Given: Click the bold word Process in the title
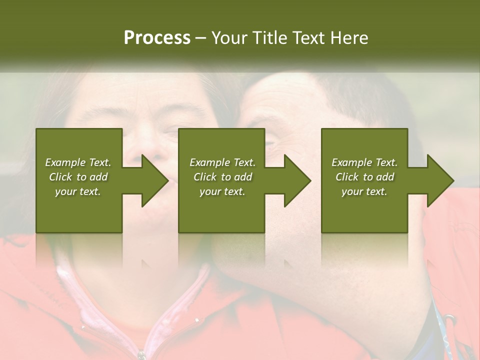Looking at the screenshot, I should pyautogui.click(x=157, y=38).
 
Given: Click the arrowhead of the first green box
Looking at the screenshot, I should pyautogui.click(x=155, y=180).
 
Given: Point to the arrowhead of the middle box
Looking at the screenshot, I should pyautogui.click(x=297, y=180).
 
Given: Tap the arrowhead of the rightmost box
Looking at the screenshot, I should pyautogui.click(x=440, y=180).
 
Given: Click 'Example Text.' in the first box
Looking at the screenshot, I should pyautogui.click(x=78, y=162).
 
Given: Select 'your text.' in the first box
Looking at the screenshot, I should pyautogui.click(x=78, y=191).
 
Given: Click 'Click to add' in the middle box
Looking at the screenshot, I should pyautogui.click(x=222, y=177).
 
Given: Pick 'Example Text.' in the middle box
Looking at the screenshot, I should pyautogui.click(x=222, y=162).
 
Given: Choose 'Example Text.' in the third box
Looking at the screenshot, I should pyautogui.click(x=364, y=162).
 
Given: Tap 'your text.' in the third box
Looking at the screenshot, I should pyautogui.click(x=364, y=191).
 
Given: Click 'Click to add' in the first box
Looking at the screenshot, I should pyautogui.click(x=78, y=177).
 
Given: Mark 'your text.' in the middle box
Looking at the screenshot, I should pyautogui.click(x=222, y=191).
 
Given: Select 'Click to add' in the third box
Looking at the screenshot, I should pyautogui.click(x=364, y=177).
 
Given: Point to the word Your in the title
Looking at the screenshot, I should pyautogui.click(x=229, y=38).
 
